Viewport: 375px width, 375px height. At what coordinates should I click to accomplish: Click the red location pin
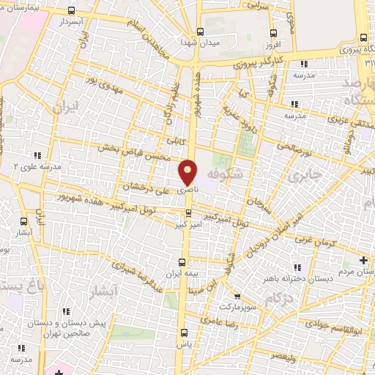point(188,172)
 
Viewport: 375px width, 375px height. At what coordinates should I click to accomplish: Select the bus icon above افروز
point(273,34)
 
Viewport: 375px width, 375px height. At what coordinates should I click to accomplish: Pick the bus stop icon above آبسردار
point(70,11)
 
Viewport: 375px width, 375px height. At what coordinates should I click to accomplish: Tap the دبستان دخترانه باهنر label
point(311,278)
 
